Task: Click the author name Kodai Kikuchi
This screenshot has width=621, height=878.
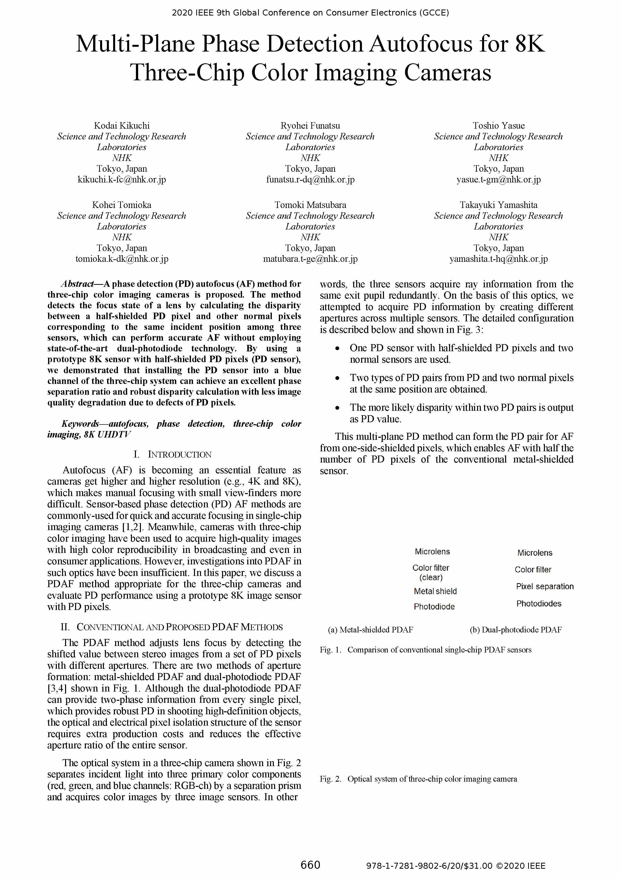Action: (x=122, y=125)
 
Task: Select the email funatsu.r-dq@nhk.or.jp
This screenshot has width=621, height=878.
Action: (x=310, y=179)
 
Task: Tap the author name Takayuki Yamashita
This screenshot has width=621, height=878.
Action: (x=498, y=205)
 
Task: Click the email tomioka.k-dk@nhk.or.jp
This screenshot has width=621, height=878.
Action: (x=122, y=259)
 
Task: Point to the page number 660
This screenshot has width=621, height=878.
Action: (x=310, y=865)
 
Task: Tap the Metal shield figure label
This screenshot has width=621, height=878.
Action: (x=435, y=591)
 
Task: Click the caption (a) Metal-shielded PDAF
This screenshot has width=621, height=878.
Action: (x=370, y=629)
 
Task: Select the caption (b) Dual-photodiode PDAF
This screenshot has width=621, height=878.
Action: (x=515, y=629)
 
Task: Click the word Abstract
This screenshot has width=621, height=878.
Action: (x=77, y=284)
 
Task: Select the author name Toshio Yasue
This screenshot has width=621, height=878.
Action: (x=498, y=125)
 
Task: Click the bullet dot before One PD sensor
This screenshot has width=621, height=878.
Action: (x=337, y=348)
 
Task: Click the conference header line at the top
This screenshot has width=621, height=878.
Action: (x=310, y=13)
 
